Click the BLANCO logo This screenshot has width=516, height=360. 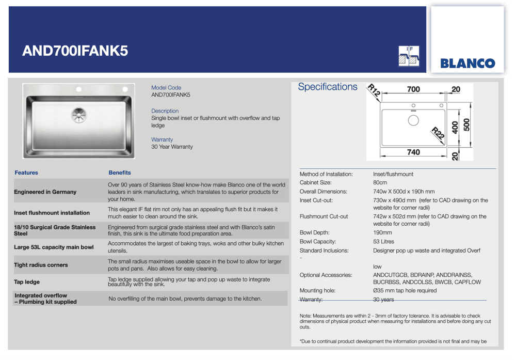click(467, 64)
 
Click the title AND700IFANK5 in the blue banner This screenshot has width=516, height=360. click(75, 51)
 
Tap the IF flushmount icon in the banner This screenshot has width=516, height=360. click(409, 56)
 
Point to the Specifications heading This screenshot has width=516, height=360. click(328, 87)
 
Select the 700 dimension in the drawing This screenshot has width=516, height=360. click(413, 89)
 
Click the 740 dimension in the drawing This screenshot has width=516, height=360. click(413, 152)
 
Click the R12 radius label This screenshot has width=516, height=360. click(374, 91)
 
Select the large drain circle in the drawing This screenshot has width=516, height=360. click(413, 120)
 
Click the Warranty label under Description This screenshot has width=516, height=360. click(162, 139)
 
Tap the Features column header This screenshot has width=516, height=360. click(26, 173)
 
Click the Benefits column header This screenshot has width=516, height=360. click(120, 173)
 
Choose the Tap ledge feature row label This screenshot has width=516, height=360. click(27, 282)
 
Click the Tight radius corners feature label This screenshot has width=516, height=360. click(41, 265)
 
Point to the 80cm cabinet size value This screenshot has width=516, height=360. click(380, 183)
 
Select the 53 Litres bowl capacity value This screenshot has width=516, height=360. click(383, 242)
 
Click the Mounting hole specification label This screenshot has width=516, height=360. click(318, 291)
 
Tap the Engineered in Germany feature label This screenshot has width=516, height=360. click(45, 192)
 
